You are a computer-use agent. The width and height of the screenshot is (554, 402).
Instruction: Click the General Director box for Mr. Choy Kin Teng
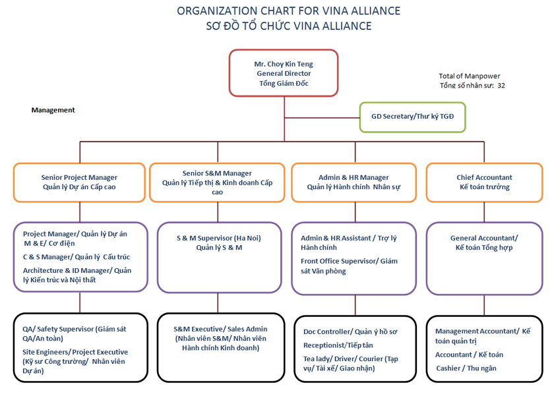click(x=283, y=73)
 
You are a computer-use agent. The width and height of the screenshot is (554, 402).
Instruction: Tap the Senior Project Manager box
click(x=79, y=182)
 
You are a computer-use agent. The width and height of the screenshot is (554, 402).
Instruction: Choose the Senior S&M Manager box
click(x=218, y=182)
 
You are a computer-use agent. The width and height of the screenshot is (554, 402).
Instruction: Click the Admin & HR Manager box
click(x=354, y=182)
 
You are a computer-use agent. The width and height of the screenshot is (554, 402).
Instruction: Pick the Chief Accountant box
click(x=484, y=182)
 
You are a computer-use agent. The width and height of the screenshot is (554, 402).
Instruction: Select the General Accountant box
click(x=484, y=243)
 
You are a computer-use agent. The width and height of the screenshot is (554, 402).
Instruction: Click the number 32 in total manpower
click(x=501, y=86)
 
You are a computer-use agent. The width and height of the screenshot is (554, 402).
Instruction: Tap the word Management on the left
click(x=53, y=110)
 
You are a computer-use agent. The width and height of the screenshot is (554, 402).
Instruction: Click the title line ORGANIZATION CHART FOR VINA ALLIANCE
click(x=288, y=11)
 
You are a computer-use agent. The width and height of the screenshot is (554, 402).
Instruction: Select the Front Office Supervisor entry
click(x=349, y=266)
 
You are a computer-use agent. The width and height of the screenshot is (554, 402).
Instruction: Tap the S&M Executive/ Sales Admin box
click(x=221, y=337)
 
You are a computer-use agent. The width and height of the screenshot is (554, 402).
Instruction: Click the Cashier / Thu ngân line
click(x=466, y=368)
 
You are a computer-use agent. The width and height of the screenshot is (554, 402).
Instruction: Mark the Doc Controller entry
click(x=350, y=331)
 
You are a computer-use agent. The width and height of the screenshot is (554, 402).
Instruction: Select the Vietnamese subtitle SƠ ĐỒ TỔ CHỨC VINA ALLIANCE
click(x=288, y=26)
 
